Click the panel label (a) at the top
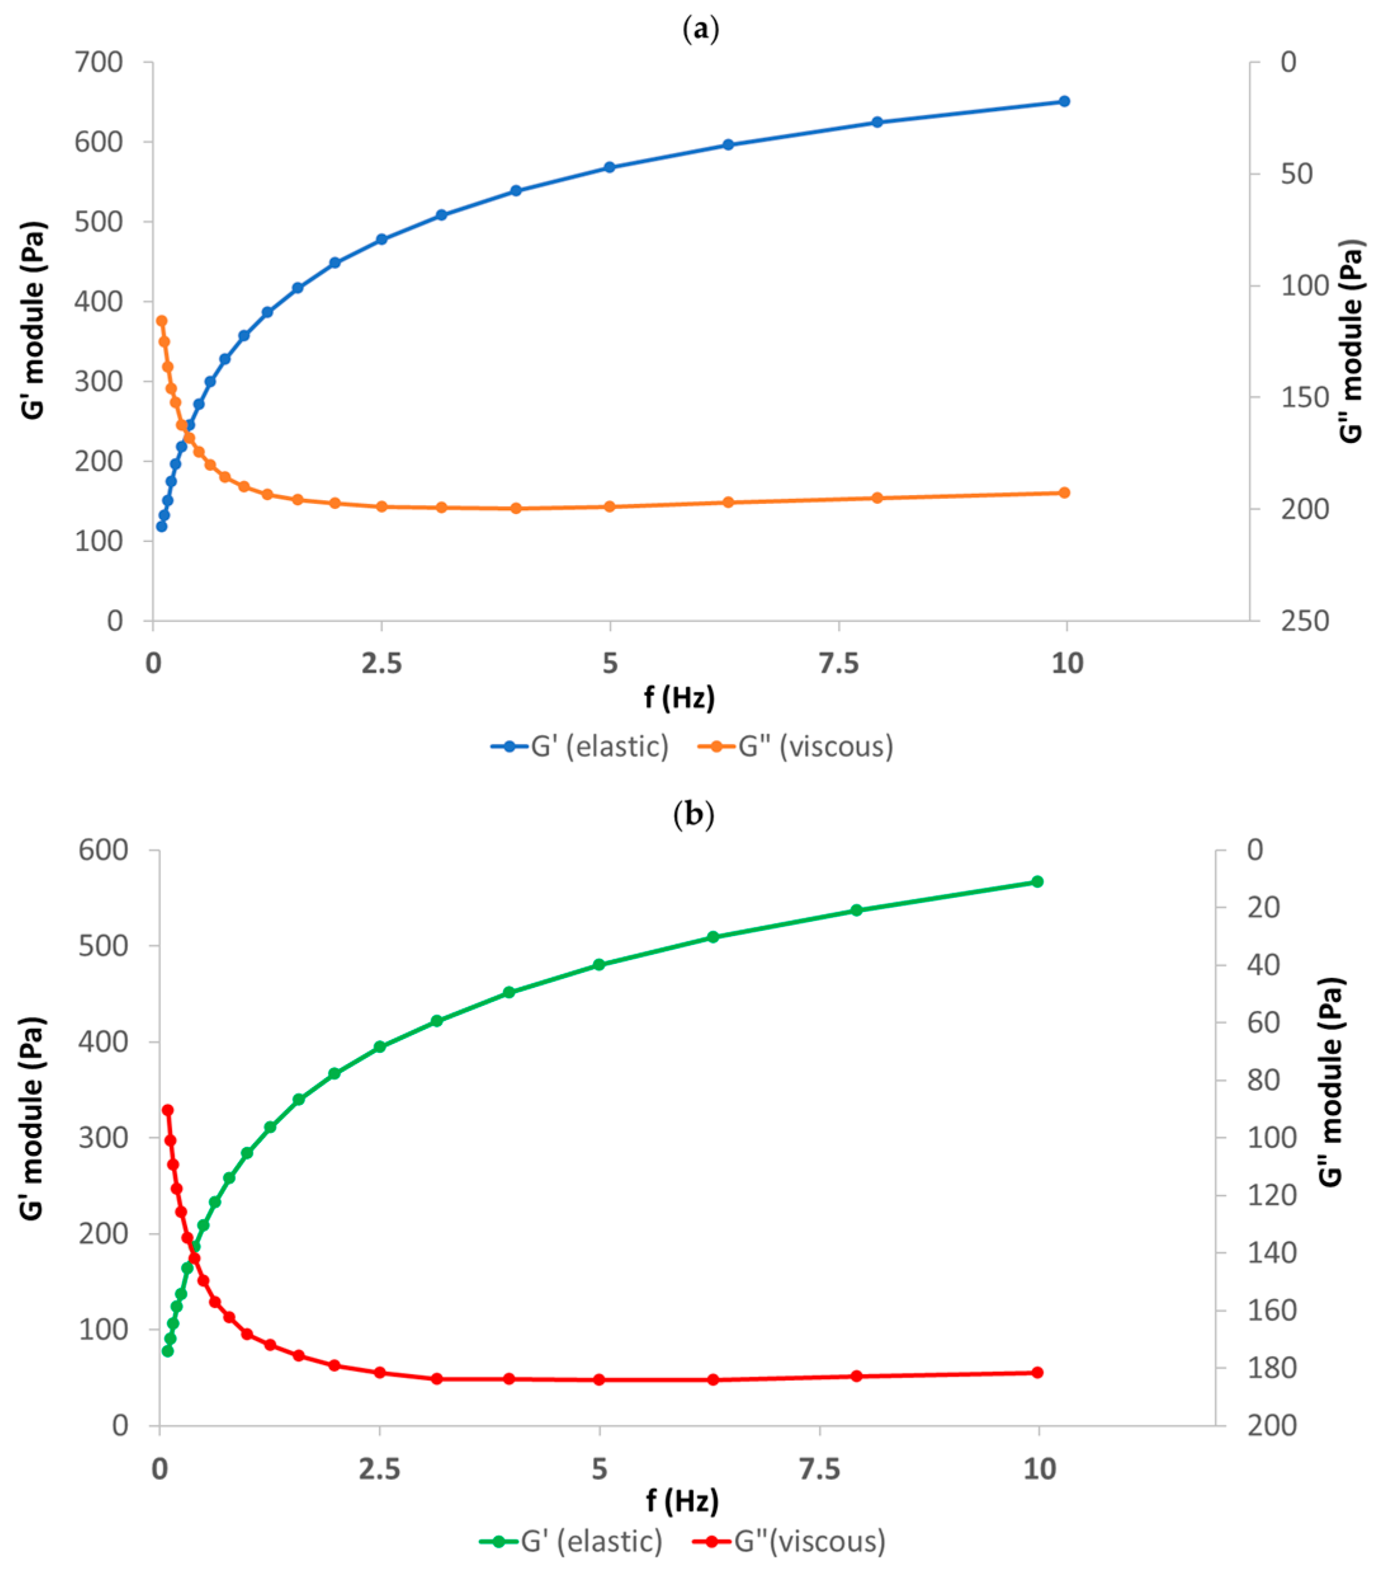tap(701, 30)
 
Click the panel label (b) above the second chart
tap(693, 814)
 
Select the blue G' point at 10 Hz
tap(1064, 102)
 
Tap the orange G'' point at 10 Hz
tap(1064, 492)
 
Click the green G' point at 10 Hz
tap(1038, 882)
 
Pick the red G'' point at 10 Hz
tap(1038, 1372)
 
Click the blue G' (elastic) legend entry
tap(581, 746)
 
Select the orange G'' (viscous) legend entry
tap(796, 746)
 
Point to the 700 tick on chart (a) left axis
tap(98, 62)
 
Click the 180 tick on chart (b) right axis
tap(1272, 1368)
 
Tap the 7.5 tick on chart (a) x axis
tap(839, 663)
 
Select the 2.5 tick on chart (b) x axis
tap(379, 1469)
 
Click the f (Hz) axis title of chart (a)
tap(679, 697)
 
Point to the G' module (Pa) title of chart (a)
tap(33, 320)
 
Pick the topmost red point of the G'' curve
tap(167, 1110)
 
